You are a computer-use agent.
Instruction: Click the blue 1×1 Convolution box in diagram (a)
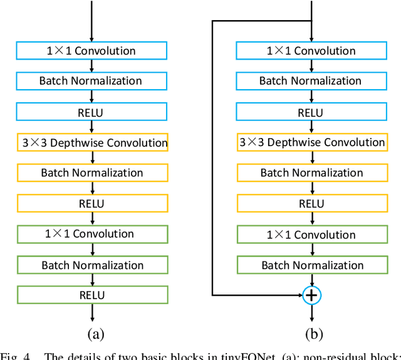pyautogui.click(x=92, y=51)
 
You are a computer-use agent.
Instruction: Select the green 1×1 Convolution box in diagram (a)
pyautogui.click(x=92, y=234)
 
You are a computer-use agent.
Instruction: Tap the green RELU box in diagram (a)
pyautogui.click(x=92, y=295)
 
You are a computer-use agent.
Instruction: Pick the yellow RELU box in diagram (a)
pyautogui.click(x=92, y=203)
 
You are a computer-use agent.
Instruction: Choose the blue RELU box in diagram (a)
pyautogui.click(x=92, y=112)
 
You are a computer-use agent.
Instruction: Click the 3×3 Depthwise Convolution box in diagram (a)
pyautogui.click(x=92, y=142)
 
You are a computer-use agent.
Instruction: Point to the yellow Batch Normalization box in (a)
pyautogui.click(x=92, y=172)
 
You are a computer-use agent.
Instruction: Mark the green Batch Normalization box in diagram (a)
pyautogui.click(x=92, y=265)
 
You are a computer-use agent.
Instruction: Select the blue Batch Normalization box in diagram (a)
pyautogui.click(x=92, y=81)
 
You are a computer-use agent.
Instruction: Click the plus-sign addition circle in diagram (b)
pyautogui.click(x=311, y=294)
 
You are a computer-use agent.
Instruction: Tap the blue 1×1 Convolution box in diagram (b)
pyautogui.click(x=311, y=51)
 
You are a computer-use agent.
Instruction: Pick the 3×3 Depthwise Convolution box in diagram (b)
pyautogui.click(x=311, y=142)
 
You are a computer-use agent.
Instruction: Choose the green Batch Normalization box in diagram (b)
pyautogui.click(x=311, y=265)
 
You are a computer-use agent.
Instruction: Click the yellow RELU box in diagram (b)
pyautogui.click(x=311, y=203)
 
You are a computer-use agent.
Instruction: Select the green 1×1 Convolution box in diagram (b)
pyautogui.click(x=311, y=234)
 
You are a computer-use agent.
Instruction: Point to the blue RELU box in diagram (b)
pyautogui.click(x=311, y=112)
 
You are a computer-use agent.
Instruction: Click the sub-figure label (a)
pyautogui.click(x=95, y=334)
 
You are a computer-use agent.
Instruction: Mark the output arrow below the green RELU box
pyautogui.click(x=92, y=313)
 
